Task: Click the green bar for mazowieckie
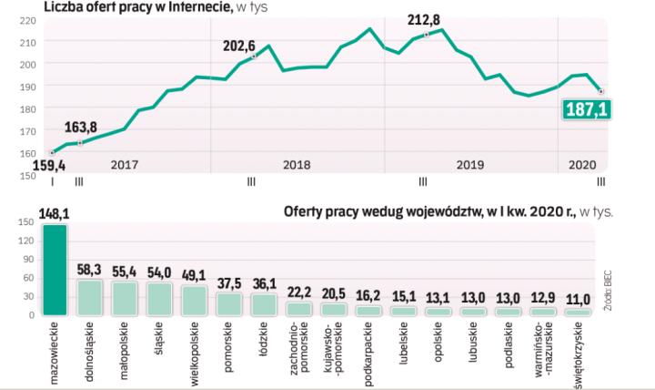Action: click(55, 271)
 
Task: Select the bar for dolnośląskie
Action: click(89, 298)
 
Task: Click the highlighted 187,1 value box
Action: click(589, 110)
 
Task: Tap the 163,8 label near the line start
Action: click(81, 128)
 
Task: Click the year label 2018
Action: click(297, 165)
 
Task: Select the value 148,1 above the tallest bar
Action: click(55, 215)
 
